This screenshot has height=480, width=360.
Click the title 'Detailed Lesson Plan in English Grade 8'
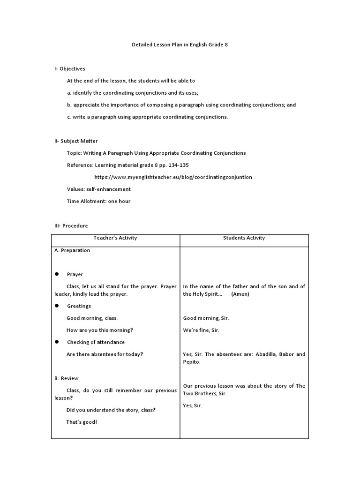point(180,45)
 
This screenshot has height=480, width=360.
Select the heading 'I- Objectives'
point(70,68)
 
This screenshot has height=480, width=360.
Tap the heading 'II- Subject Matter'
point(76,141)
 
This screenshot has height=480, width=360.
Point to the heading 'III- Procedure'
point(71,225)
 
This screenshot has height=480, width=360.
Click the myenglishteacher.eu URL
point(173,177)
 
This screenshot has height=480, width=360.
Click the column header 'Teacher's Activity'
point(115,238)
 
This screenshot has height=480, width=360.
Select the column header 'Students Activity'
point(244,238)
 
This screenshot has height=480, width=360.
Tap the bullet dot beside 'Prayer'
point(57,274)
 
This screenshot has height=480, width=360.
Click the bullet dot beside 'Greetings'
point(57,306)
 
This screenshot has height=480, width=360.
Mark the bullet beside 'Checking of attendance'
point(57,342)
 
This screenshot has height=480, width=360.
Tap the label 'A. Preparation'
point(72,250)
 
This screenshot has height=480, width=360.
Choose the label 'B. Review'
point(67,378)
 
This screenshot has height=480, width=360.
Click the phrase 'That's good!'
point(82,421)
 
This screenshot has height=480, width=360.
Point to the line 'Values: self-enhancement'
point(99,189)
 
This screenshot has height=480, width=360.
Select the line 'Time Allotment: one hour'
point(99,201)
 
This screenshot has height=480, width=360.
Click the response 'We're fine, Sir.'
point(201,330)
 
